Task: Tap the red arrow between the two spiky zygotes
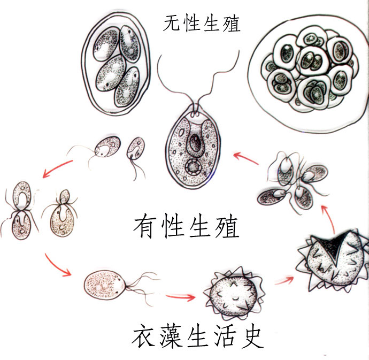[x=284, y=280]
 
